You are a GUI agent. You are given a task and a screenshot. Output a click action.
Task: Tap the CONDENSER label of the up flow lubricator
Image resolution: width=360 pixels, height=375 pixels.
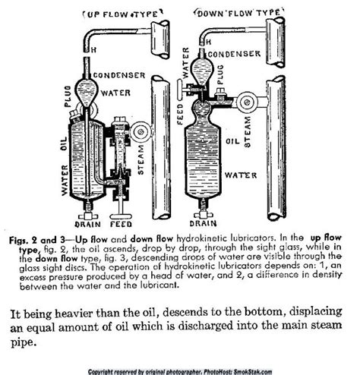115,74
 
